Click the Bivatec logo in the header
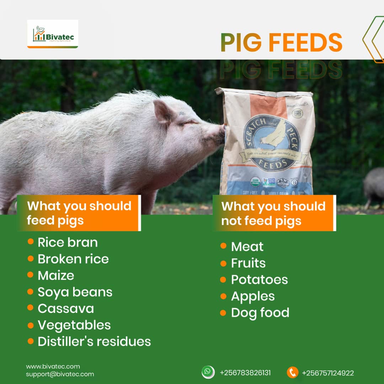click(52, 34)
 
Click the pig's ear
click(164, 111)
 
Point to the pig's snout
click(220, 134)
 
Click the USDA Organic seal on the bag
click(255, 182)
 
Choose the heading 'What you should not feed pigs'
click(273, 213)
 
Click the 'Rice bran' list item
click(68, 242)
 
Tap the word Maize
click(56, 275)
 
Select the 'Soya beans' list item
click(75, 292)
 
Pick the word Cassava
click(66, 308)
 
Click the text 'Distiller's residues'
click(94, 341)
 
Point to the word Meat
click(247, 246)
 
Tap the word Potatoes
click(259, 279)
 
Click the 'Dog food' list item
click(260, 313)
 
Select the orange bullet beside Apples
click(223, 296)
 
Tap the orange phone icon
click(292, 372)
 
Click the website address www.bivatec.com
click(53, 366)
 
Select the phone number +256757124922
click(327, 373)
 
